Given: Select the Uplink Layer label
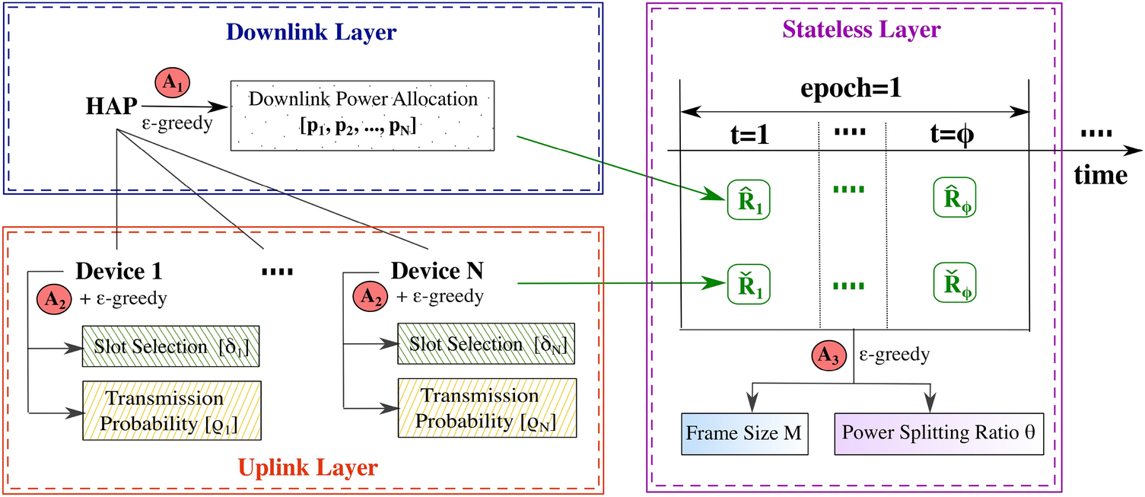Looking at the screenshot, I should coord(308,467).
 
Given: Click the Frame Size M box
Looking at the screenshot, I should coord(744,433).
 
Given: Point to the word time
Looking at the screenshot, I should coord(1100,176).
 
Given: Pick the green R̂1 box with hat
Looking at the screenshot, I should coord(749,200).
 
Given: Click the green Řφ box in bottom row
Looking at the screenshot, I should coord(956,283).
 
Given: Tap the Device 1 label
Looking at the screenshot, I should coord(118,271).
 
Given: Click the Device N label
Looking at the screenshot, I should coord(437,270).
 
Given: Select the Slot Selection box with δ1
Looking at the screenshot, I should coord(171,347).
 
